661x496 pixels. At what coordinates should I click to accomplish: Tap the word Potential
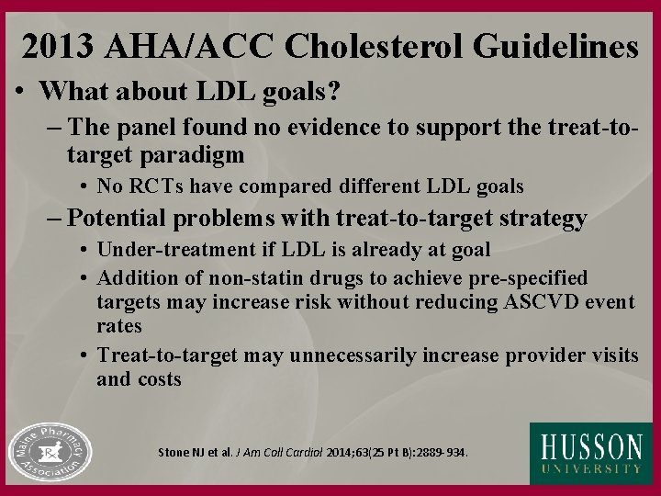coord(120,220)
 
